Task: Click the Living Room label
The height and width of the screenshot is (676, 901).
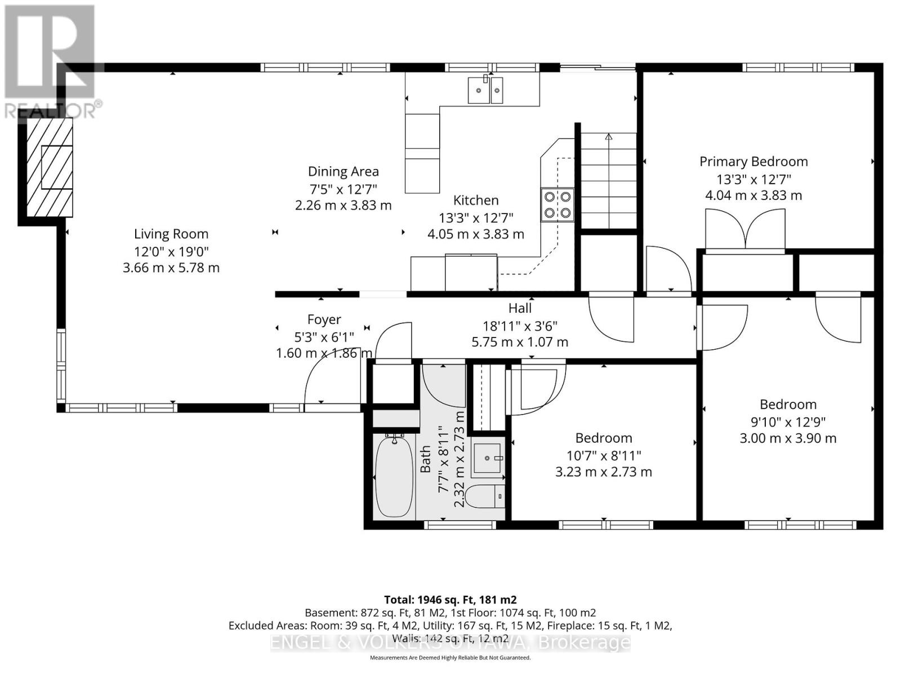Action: click(x=171, y=234)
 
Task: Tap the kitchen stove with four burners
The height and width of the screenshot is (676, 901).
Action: click(x=557, y=204)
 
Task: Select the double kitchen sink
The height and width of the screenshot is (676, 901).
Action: click(x=485, y=90)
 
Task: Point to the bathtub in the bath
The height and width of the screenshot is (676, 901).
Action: click(x=394, y=476)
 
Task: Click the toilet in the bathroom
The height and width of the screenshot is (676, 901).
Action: click(x=489, y=496)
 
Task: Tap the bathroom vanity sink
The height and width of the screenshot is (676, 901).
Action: click(x=487, y=459)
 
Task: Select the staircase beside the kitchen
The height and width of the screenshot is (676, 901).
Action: click(x=609, y=180)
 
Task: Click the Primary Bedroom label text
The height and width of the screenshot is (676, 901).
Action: click(x=753, y=162)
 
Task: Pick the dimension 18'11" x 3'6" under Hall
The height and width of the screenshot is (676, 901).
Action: click(x=520, y=326)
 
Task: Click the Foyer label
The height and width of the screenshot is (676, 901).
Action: click(x=324, y=320)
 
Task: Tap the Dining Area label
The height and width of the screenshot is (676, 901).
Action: click(x=343, y=172)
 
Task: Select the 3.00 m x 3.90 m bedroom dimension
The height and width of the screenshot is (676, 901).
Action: click(x=788, y=438)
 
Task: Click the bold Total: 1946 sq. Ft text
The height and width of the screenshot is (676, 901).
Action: click(x=450, y=600)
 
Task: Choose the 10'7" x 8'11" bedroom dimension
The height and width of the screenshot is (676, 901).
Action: click(x=604, y=455)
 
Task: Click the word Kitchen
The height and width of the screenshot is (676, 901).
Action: click(x=476, y=201)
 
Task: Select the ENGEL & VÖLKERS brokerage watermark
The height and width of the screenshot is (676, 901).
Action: click(x=450, y=642)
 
